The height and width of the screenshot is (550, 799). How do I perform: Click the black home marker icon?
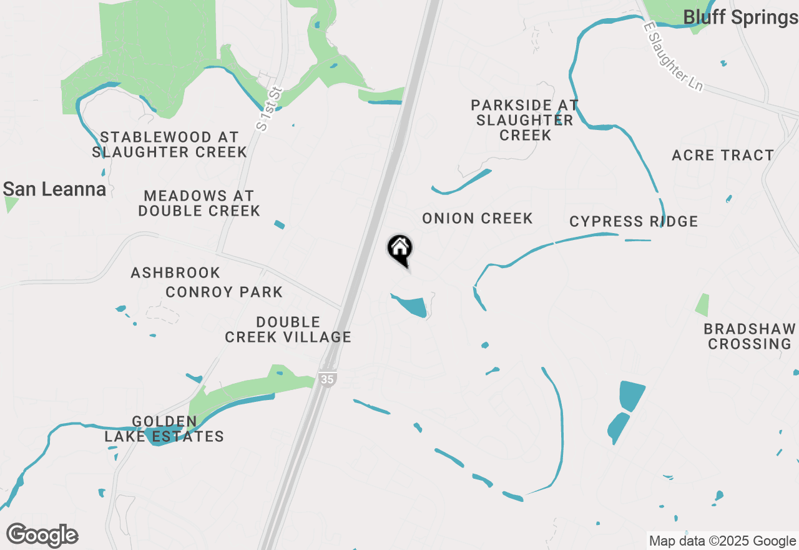point(399,249)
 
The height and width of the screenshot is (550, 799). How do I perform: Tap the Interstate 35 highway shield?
point(326,378)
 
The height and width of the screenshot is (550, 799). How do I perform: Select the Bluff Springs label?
point(740,17)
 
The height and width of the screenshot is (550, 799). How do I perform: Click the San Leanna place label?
point(54,189)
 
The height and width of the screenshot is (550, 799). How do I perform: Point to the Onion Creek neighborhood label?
point(478,218)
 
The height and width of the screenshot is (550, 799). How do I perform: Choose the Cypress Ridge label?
point(634,221)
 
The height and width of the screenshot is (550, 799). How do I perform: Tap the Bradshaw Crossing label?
point(750,336)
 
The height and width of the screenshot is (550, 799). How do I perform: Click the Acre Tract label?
point(723,155)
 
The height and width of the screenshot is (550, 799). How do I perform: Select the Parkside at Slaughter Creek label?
point(524,120)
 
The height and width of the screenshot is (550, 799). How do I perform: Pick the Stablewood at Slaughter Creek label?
point(170,144)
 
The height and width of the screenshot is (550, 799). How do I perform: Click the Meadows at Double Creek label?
point(199,204)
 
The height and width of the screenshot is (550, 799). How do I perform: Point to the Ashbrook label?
point(175,272)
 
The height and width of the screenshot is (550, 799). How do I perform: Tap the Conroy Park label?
point(224,292)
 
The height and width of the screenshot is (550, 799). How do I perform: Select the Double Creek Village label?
point(288,329)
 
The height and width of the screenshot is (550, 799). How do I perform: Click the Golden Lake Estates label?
point(164,429)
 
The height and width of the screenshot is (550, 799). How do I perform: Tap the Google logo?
point(42,536)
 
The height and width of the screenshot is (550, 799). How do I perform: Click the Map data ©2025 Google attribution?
point(722,541)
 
